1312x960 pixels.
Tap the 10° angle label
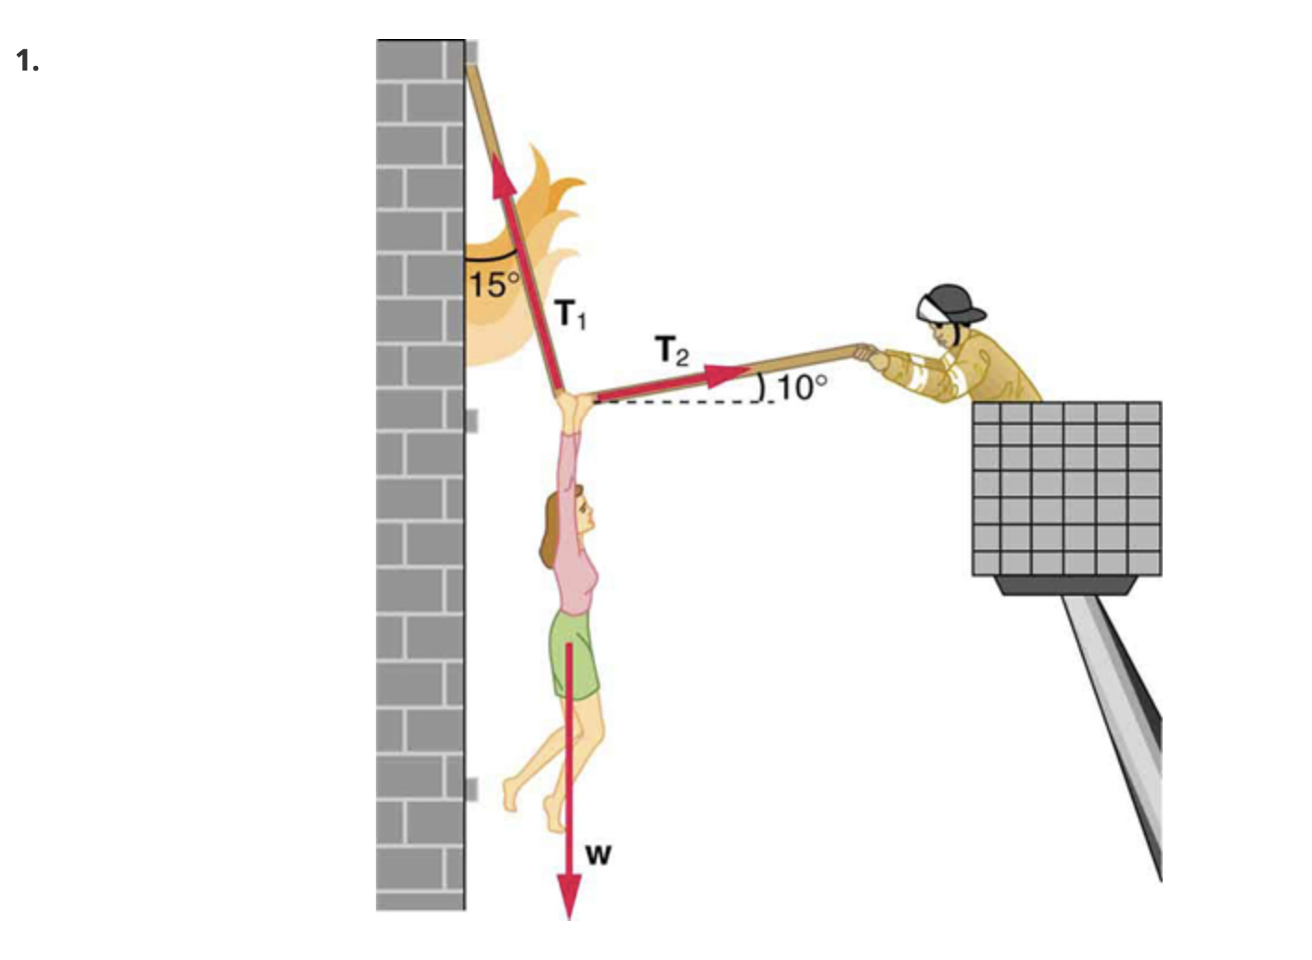click(x=801, y=386)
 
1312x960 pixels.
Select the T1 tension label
click(x=571, y=315)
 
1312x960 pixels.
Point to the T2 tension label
click(x=673, y=351)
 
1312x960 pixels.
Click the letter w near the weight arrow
click(x=598, y=853)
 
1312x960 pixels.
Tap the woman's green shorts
click(x=575, y=655)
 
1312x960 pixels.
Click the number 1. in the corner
click(x=27, y=61)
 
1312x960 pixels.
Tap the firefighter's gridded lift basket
click(x=1066, y=488)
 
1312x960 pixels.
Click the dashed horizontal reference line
click(x=677, y=402)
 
